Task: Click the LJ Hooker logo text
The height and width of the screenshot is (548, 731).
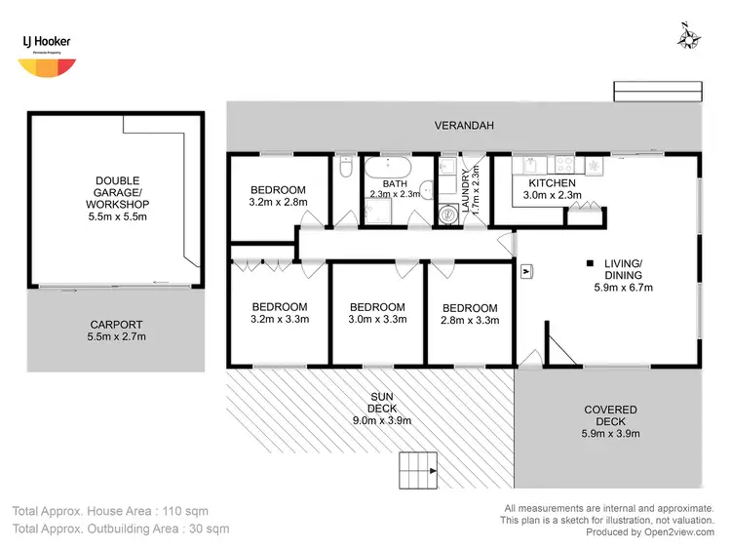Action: [43, 42]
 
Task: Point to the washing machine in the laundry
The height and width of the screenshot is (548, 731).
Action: [448, 215]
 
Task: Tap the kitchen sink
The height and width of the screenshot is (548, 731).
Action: [520, 163]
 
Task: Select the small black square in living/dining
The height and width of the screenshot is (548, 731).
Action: [589, 262]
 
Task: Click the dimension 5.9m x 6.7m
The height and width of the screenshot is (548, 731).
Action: [623, 288]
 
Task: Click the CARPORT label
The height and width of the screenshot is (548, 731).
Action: [117, 325]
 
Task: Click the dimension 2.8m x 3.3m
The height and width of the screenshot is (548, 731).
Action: [469, 320]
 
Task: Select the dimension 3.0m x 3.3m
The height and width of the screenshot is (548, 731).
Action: [376, 320]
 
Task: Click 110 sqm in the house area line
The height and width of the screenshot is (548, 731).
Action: [182, 511]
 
